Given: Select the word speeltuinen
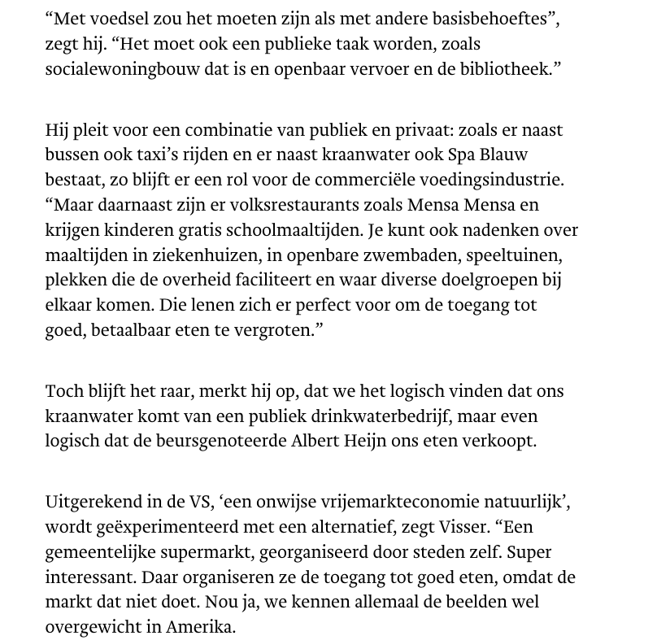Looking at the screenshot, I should (527, 255).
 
